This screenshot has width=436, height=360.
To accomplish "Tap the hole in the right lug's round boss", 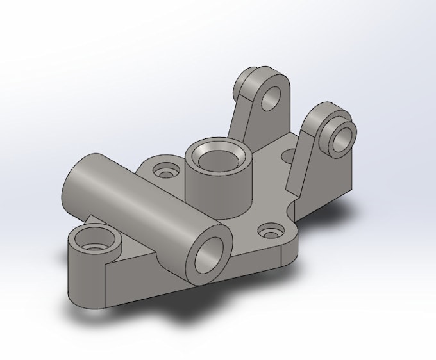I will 344,136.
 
